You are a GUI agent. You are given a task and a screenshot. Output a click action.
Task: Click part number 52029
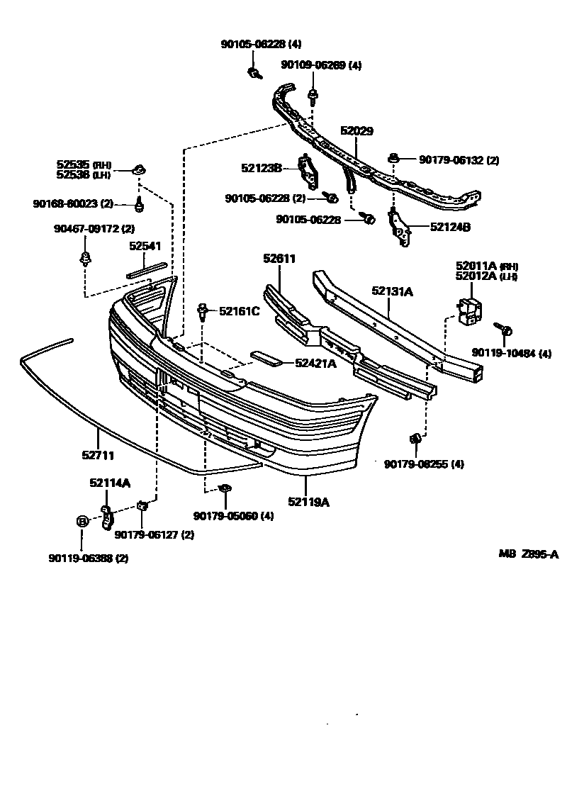[357, 131]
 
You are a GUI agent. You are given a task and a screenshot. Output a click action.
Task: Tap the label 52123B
[262, 168]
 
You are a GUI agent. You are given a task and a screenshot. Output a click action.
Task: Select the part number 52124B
[450, 227]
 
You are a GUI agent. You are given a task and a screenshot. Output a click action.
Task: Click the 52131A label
[392, 291]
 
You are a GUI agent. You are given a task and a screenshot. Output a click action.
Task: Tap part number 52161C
[239, 310]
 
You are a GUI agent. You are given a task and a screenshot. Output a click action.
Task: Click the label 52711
[98, 455]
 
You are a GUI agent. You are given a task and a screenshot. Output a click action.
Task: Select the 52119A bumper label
[308, 502]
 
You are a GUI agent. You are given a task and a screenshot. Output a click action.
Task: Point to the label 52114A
[110, 483]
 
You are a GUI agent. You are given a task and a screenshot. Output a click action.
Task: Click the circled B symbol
[82, 522]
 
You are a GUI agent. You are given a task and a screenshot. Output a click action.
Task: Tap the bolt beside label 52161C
[203, 310]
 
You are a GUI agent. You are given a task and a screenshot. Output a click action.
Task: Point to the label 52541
[145, 246]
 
